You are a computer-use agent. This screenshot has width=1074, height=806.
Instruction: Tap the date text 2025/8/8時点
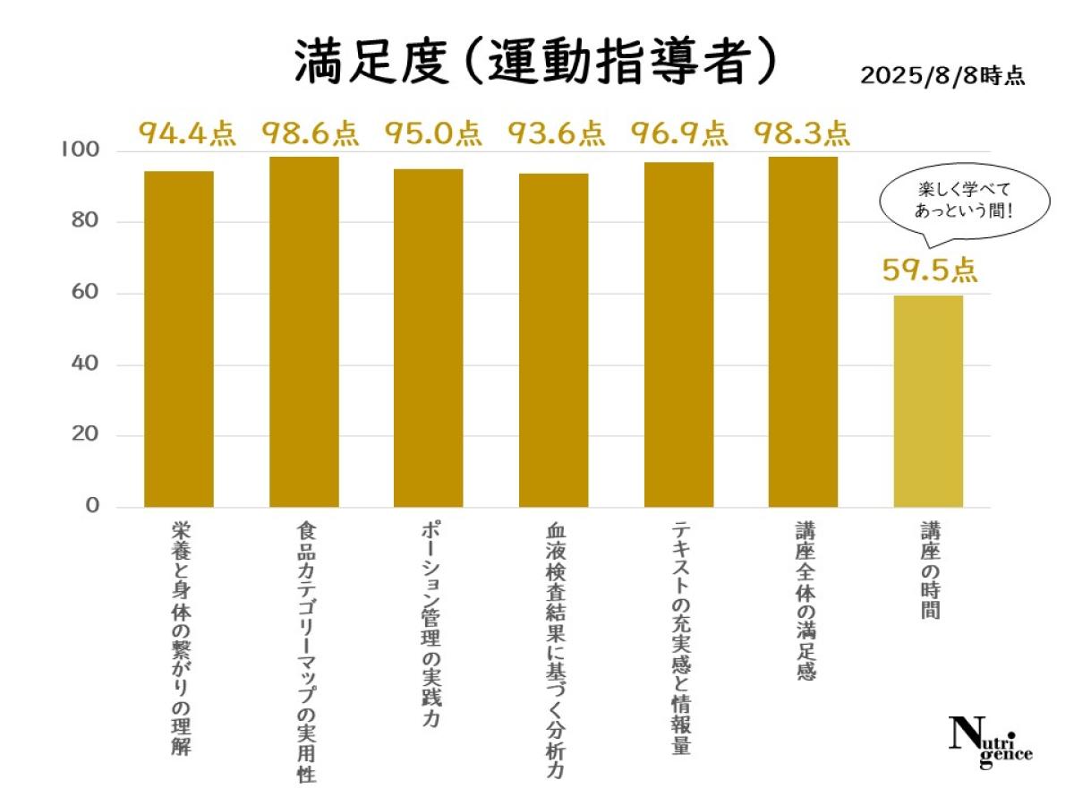pyautogui.click(x=942, y=75)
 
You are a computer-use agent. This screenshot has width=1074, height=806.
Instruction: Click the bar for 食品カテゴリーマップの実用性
pyautogui.click(x=304, y=331)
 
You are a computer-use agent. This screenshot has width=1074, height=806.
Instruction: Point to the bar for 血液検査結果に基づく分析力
pyautogui.click(x=554, y=340)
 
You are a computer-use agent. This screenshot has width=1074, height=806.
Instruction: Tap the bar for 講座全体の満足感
pyautogui.click(x=803, y=331)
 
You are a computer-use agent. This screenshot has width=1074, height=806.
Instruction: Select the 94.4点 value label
pyautogui.click(x=186, y=133)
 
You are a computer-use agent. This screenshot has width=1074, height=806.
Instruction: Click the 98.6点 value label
pyautogui.click(x=310, y=133)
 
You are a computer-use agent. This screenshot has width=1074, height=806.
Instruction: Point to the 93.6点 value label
pyautogui.click(x=556, y=133)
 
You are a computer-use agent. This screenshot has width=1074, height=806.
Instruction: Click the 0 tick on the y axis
pyautogui.click(x=92, y=507)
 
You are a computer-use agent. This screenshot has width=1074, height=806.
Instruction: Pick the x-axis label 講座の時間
pyautogui.click(x=928, y=572)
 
